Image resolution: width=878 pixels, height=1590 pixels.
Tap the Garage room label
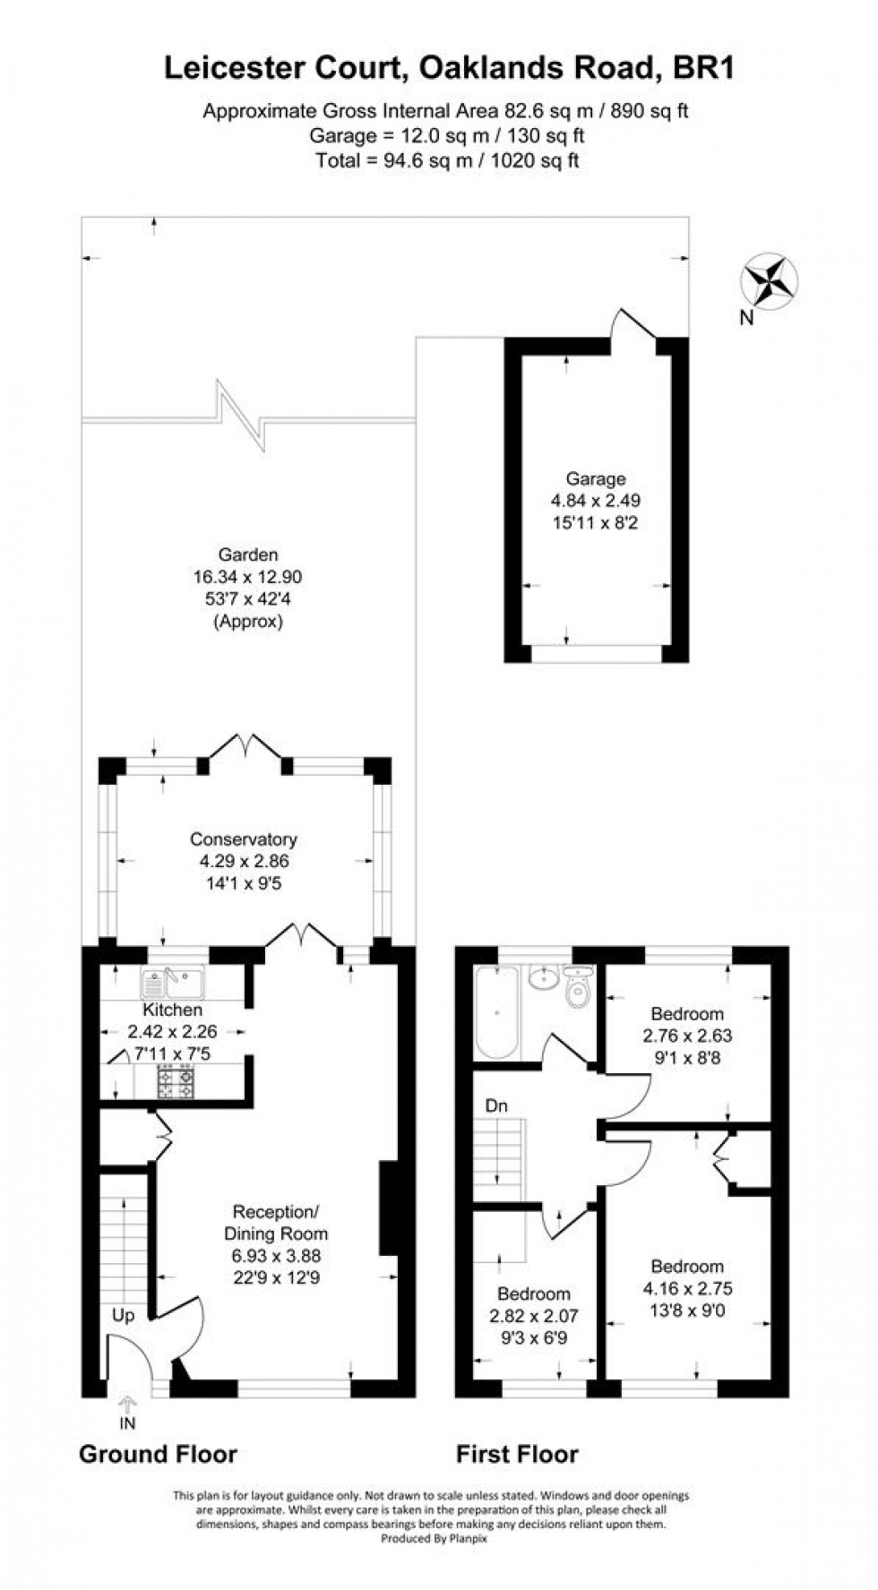pos(595,479)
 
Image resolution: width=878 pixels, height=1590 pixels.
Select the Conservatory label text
pos(243,839)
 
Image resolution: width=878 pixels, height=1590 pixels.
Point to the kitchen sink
pos(173,984)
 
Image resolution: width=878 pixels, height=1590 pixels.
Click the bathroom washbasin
pos(540,978)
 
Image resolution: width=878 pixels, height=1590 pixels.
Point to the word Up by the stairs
pos(123,1316)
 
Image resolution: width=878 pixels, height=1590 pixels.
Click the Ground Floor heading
pos(158,1454)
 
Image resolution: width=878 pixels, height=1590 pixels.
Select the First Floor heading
pos(517,1454)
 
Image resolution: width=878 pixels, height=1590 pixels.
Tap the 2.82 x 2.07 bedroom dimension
pos(533,1317)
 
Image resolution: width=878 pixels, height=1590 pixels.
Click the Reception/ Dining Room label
pos(275,1223)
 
